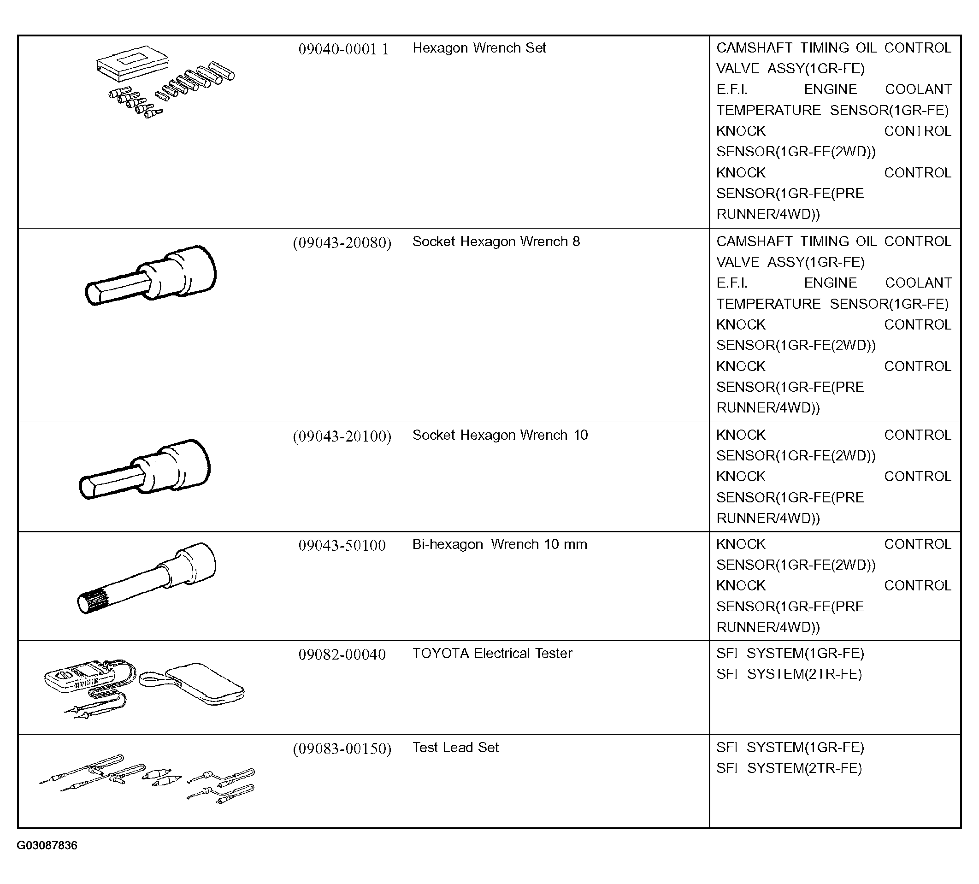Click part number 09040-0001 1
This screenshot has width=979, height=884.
[x=343, y=49]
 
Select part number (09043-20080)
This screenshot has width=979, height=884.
[x=342, y=242]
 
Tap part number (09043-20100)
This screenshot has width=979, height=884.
[x=342, y=436]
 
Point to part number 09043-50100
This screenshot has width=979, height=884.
[x=342, y=545]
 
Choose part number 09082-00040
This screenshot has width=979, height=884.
[x=342, y=654]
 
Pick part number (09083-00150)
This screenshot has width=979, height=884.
[x=342, y=748]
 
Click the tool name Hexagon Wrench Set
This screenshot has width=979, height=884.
[x=479, y=48]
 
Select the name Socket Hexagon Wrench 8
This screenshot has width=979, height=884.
[x=496, y=242]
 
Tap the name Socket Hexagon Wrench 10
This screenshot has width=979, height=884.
[x=500, y=435]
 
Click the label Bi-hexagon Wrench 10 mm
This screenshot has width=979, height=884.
[x=499, y=544]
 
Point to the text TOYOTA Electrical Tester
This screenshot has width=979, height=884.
[x=492, y=653]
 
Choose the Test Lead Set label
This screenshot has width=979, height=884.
[x=455, y=747]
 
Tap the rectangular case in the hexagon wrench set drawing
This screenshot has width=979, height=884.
[x=133, y=62]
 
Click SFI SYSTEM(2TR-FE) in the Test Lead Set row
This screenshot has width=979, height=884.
[x=789, y=768]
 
